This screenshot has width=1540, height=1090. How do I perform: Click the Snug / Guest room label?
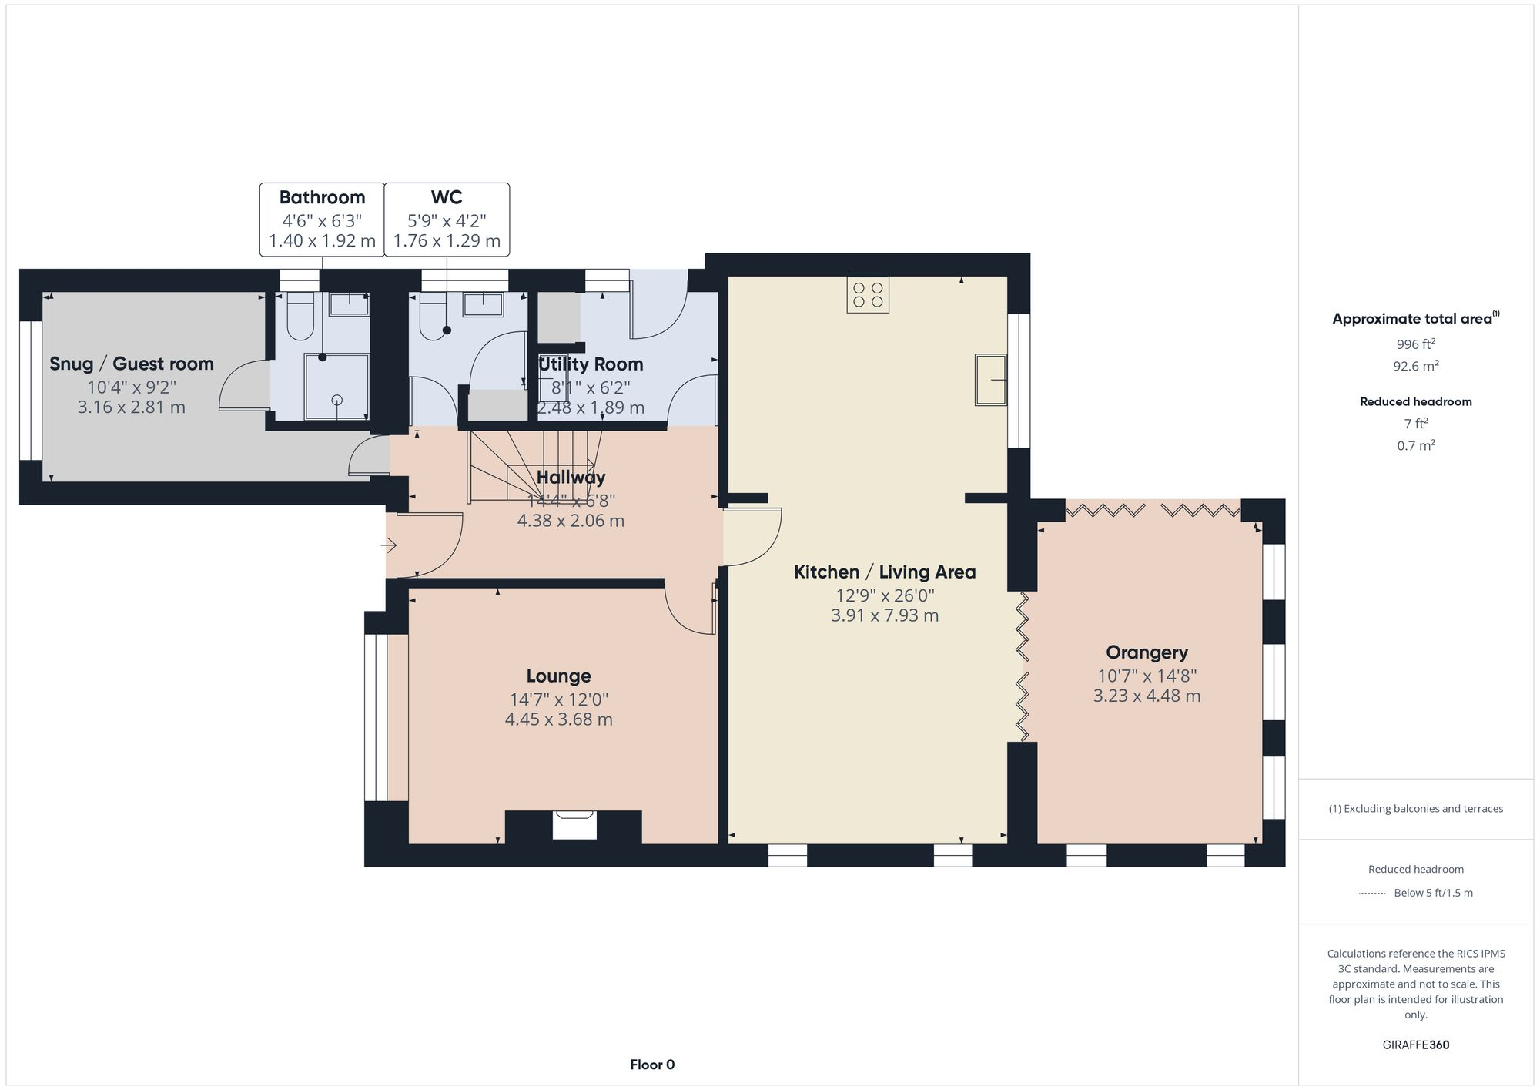(x=132, y=364)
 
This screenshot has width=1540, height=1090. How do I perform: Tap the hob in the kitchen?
(x=868, y=295)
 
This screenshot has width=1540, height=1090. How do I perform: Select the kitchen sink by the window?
(x=991, y=379)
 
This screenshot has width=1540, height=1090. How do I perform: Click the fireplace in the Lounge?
(x=574, y=824)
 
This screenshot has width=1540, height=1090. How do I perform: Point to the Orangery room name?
(x=1147, y=652)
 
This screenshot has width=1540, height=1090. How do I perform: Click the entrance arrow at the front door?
(x=388, y=546)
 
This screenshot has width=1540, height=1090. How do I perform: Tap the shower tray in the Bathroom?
(x=336, y=386)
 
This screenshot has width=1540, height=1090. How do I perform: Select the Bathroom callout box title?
(x=322, y=197)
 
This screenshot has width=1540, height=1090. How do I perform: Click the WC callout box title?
(x=447, y=197)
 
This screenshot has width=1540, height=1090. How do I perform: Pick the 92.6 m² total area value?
(x=1415, y=366)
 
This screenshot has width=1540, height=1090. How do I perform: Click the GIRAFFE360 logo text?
(x=1415, y=1045)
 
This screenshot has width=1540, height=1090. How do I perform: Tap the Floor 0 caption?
(x=652, y=1065)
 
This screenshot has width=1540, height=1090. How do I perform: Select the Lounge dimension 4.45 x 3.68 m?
(x=558, y=719)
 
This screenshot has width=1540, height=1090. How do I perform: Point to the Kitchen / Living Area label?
(x=885, y=572)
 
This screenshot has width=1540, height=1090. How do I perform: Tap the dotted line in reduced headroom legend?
(x=1372, y=894)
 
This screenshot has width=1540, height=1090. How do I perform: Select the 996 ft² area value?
(x=1415, y=344)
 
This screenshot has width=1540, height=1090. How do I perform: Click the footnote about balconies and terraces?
(x=1415, y=809)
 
